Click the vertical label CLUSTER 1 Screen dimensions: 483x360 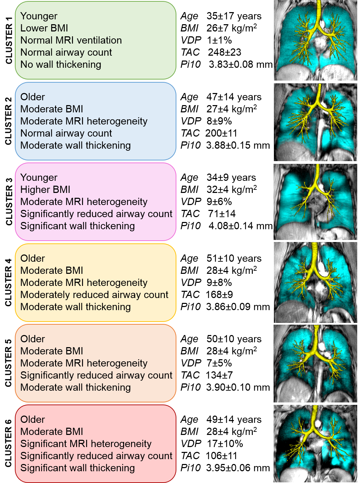[9, 40]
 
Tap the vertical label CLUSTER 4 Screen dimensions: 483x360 [9, 282]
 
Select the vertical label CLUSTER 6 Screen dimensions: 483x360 [9, 444]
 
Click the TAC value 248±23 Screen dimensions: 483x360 [224, 52]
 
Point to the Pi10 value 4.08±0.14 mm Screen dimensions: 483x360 [240, 226]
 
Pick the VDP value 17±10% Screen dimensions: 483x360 [224, 444]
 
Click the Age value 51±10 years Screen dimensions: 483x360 [234, 258]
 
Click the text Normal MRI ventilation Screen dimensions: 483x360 [71, 40]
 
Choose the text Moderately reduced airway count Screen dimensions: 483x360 [94, 295]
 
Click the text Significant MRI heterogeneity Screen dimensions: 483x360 [86, 444]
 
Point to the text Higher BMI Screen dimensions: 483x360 [45, 189]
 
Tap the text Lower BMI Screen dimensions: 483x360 [44, 28]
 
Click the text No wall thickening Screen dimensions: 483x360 [61, 64]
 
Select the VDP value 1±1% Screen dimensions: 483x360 [219, 40]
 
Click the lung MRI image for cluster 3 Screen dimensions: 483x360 [315, 202]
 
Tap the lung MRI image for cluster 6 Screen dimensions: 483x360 [315, 444]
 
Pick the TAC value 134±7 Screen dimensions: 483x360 [219, 375]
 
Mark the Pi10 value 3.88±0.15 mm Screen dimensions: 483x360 [238, 145]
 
